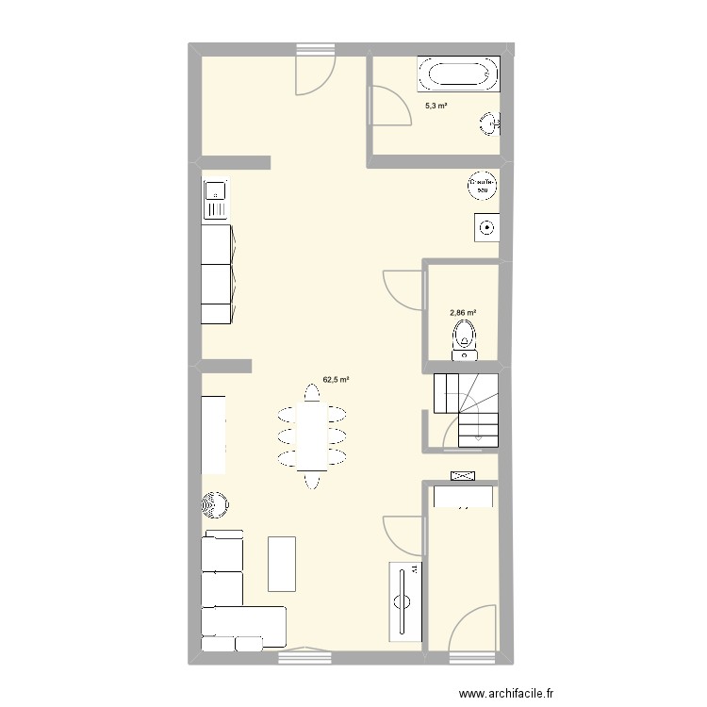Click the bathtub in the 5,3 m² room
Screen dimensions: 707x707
[x=458, y=74]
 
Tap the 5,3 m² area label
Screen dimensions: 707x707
[x=436, y=107]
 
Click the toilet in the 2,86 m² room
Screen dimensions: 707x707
[x=464, y=339]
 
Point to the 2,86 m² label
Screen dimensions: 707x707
[x=462, y=312]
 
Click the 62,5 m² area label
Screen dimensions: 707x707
[x=337, y=380]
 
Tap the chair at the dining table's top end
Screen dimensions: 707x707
[x=311, y=390]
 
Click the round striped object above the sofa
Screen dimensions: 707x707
[x=216, y=505]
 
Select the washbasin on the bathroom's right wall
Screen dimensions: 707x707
[x=490, y=122]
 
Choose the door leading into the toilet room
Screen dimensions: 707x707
[x=403, y=288]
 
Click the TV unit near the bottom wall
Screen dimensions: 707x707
[x=406, y=600]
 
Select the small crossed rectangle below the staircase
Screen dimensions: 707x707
[x=464, y=476]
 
